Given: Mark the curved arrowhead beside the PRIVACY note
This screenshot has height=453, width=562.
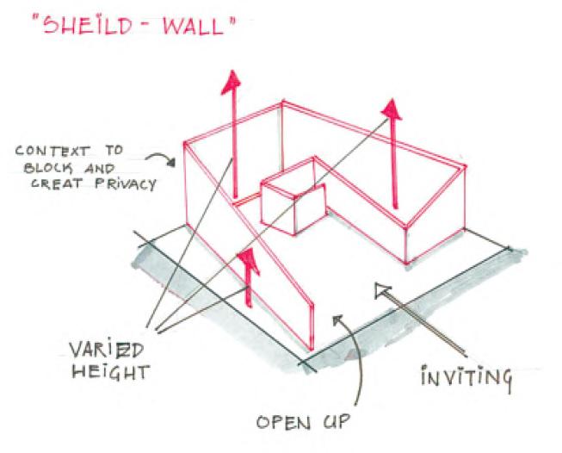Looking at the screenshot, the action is pos(162,159).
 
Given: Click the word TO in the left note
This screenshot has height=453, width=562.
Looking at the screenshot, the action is pos(112,150).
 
